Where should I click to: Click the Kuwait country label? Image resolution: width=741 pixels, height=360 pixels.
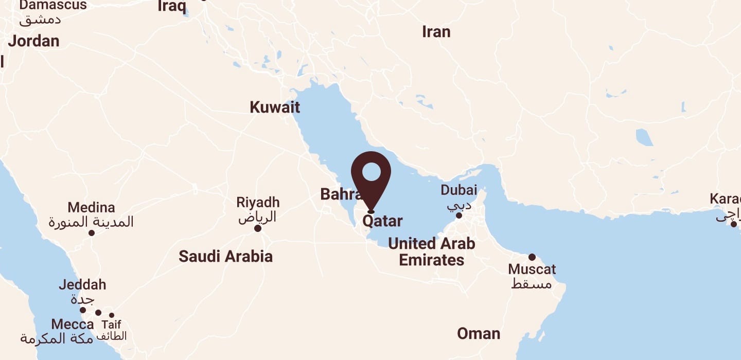pos(275,107)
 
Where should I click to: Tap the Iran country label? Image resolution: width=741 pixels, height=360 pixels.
pos(436,32)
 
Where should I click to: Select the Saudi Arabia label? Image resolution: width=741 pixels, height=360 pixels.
pos(225,256)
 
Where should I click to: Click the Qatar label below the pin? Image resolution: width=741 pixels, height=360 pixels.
pos(382,221)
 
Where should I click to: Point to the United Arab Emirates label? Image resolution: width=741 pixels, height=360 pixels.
pos(431,251)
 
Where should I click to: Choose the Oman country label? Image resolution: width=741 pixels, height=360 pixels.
pos(479,334)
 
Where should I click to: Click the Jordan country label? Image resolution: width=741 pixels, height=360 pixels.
pos(33,41)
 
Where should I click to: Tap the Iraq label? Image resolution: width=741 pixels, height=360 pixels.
pos(171,6)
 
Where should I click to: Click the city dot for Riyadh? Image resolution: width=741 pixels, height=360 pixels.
pos(258,228)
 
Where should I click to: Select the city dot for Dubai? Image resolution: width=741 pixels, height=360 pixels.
pos(459,215)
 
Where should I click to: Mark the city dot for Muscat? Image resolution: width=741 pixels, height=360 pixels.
pos(532,257)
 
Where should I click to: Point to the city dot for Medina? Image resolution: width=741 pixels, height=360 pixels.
pos(92,233)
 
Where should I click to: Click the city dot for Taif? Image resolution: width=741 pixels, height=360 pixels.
pos(112,315)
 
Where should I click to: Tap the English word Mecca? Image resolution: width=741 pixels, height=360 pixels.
pos(73,325)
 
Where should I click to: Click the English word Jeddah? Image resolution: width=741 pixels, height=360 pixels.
pos(82,284)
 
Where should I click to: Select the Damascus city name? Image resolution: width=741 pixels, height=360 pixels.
pos(53,5)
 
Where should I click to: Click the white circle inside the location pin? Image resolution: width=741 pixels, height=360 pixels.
pos(371,171)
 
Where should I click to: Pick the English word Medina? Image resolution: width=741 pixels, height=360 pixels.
pos(91,208)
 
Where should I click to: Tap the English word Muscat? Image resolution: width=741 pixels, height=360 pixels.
pos(532,269)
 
